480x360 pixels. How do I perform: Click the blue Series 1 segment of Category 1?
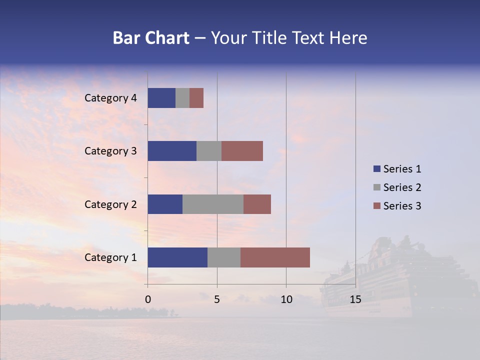(x=177, y=257)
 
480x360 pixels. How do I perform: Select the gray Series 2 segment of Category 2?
(x=213, y=204)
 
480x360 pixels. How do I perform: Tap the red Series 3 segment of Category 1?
(x=275, y=257)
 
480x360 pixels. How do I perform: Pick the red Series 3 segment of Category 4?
(x=196, y=98)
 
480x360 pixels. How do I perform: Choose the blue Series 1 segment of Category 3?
(x=172, y=151)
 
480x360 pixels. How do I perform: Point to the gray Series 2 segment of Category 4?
(x=182, y=98)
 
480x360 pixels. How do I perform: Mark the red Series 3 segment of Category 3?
(x=242, y=151)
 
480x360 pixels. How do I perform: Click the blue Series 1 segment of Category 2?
(x=165, y=204)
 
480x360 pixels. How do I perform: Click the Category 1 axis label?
(x=110, y=257)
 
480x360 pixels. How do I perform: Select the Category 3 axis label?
(x=110, y=151)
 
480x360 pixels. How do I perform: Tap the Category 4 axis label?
(x=110, y=98)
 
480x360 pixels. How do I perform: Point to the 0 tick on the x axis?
(x=148, y=299)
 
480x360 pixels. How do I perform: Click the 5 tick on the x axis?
(x=217, y=299)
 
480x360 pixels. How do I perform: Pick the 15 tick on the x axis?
(x=355, y=299)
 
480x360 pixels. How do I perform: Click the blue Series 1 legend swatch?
(x=377, y=169)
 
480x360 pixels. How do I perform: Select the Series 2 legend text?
(x=402, y=187)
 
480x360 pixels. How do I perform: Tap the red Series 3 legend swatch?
(x=377, y=206)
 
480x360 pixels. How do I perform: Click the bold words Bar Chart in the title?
(x=151, y=38)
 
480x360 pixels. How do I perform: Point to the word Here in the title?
(x=349, y=38)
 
